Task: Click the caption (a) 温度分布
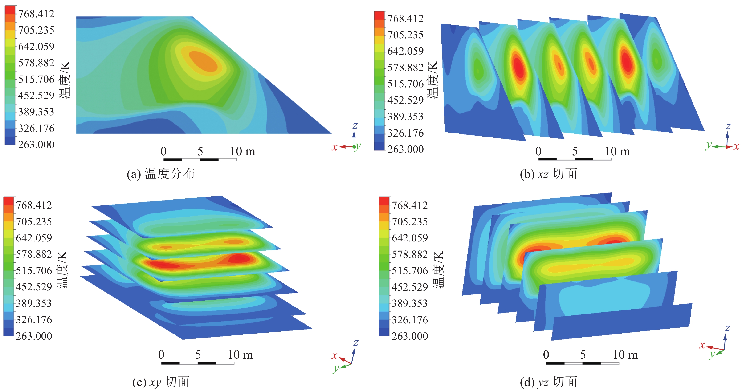pos(161,174)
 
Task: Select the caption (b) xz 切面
pos(548,174)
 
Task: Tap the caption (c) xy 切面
pos(161,382)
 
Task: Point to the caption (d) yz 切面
pos(548,382)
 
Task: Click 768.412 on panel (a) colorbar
pos(36,14)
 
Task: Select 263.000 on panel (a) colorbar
pos(36,144)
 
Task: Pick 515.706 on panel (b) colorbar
pos(405,84)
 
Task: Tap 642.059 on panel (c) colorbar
pos(34,238)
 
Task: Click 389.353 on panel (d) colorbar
pos(410,303)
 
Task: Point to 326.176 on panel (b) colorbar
pos(405,133)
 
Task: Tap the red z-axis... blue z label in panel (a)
pos(355,125)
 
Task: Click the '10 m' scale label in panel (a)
pos(242,151)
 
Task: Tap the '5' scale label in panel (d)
pos(583,355)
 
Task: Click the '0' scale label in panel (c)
pos(161,355)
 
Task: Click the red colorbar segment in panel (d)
pos(384,201)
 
